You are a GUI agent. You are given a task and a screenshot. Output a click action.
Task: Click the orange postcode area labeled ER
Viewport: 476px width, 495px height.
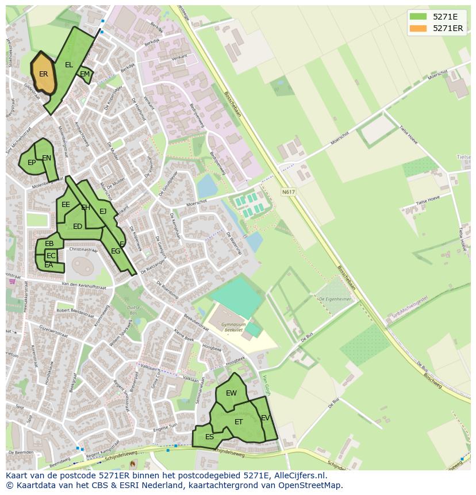point(44,74)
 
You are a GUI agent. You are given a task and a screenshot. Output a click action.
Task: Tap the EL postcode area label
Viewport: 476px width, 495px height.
point(69,65)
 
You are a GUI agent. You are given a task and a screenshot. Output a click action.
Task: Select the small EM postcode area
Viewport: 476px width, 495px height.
point(85,74)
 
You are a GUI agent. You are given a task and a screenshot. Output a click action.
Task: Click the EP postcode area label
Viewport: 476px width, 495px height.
point(32,163)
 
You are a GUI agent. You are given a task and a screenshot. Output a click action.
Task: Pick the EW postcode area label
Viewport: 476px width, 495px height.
point(231,393)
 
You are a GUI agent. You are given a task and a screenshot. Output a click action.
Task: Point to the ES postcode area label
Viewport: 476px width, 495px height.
point(209,437)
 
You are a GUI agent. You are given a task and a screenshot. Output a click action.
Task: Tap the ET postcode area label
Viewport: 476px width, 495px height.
point(239,422)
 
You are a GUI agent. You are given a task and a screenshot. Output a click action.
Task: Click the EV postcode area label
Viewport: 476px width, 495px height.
point(265,418)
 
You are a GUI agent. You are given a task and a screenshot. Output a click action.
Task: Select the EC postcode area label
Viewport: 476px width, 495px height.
point(51,256)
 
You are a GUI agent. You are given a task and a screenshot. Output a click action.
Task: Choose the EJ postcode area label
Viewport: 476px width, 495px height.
point(103,212)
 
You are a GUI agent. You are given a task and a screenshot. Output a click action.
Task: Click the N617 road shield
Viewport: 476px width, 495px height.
point(288,192)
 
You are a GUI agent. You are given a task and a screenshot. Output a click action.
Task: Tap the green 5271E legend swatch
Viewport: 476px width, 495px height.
point(419,17)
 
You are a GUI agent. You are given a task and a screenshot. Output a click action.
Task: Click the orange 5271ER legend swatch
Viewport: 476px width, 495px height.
point(419,28)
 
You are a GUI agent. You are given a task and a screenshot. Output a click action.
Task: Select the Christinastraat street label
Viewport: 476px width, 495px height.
point(83,250)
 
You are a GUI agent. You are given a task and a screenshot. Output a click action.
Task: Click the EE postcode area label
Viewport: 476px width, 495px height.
point(66,205)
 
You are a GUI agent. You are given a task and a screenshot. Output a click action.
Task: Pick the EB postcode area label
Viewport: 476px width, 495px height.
point(49,244)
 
